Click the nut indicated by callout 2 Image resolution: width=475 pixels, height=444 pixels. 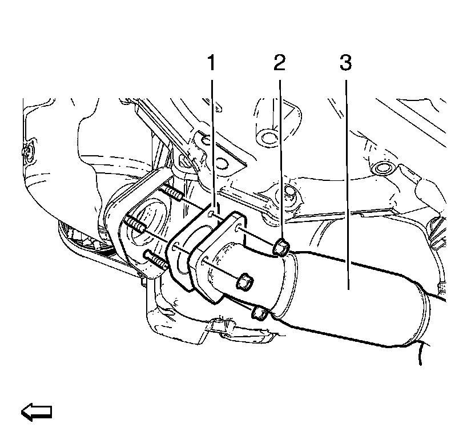tap(280, 248)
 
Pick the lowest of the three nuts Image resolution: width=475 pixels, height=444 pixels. tap(259, 312)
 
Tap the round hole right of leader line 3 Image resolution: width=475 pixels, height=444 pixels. tap(382, 169)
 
